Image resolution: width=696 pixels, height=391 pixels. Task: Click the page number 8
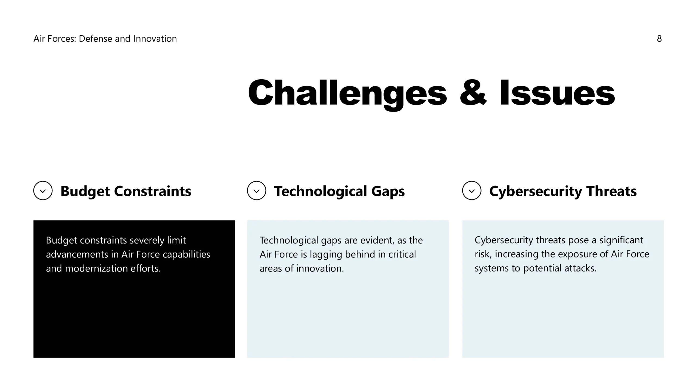(x=659, y=39)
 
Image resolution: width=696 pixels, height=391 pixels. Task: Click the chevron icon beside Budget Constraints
(x=43, y=191)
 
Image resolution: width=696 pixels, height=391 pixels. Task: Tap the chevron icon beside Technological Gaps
(x=256, y=191)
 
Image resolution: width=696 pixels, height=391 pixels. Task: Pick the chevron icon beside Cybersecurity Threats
(x=472, y=191)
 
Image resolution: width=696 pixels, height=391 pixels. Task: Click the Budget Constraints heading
(x=126, y=191)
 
